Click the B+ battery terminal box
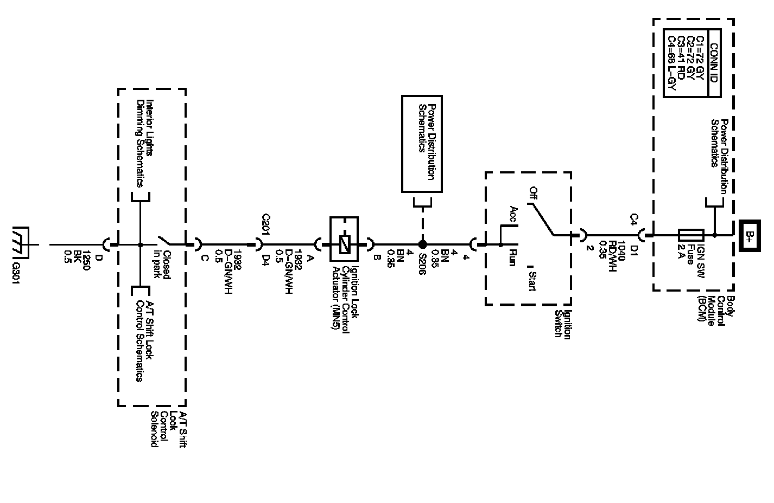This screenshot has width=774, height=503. click(750, 235)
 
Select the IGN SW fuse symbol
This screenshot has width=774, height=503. click(690, 235)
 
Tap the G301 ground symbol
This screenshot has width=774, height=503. click(21, 244)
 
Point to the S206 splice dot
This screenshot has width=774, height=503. click(422, 244)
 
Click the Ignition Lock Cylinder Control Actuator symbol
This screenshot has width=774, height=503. click(344, 244)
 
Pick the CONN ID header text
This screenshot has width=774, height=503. click(713, 62)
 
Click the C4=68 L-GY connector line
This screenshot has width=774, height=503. click(672, 62)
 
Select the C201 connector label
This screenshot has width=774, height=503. click(266, 223)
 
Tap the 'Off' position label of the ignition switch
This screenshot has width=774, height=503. click(534, 193)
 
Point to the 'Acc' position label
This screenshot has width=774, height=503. click(513, 214)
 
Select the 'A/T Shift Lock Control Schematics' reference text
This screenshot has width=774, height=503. click(144, 341)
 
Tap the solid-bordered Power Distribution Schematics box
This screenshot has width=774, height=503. click(422, 144)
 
